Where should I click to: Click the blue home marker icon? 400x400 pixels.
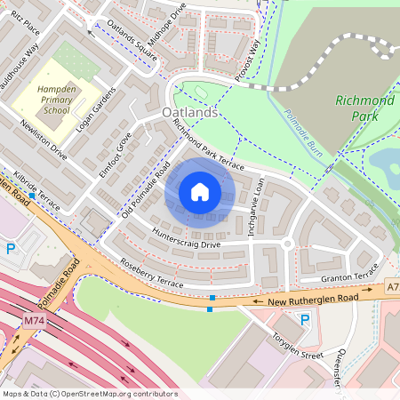(200, 192)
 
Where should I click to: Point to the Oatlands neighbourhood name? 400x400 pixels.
(190, 114)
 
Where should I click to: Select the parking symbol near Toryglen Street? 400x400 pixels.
(305, 320)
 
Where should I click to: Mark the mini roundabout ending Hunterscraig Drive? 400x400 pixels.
(287, 244)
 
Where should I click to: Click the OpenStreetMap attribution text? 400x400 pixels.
(89, 394)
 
